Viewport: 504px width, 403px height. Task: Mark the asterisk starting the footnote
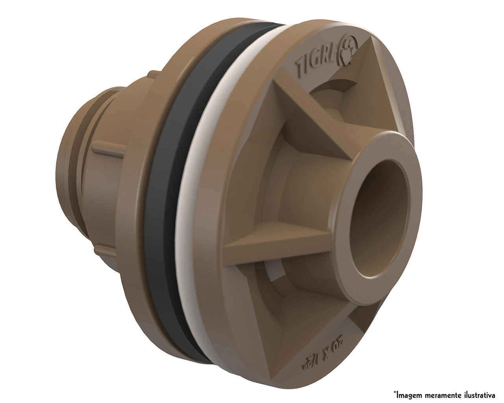pos(395,392)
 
